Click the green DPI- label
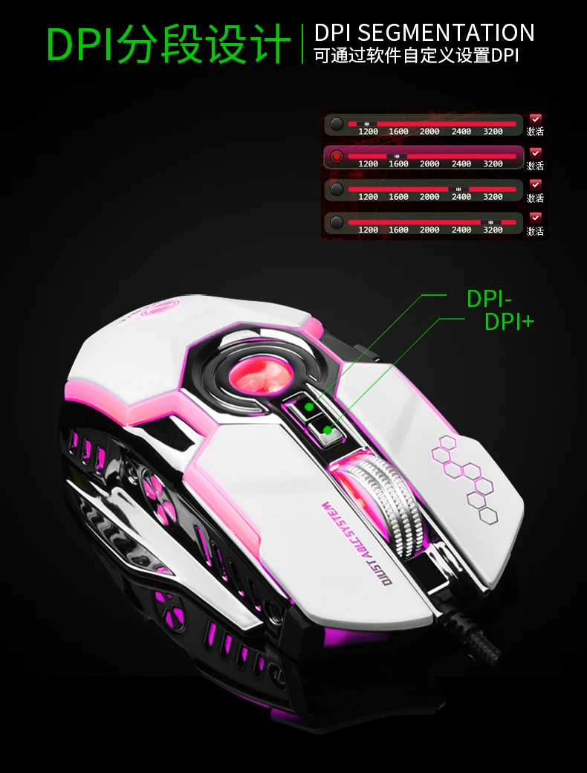[489, 299]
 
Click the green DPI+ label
[509, 321]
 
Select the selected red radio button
[337, 157]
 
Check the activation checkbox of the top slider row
[535, 118]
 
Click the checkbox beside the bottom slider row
[535, 217]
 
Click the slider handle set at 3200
[490, 222]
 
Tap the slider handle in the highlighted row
[398, 156]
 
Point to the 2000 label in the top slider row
[429, 132]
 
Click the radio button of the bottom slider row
[337, 222]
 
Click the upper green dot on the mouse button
[309, 407]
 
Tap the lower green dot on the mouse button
[328, 430]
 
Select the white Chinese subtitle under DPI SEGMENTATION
[416, 56]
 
